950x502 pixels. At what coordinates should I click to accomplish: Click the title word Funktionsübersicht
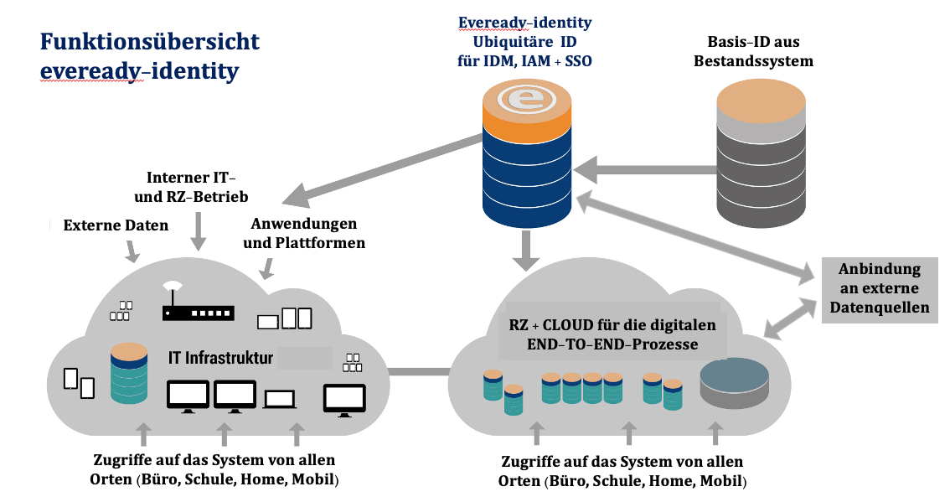pos(150,42)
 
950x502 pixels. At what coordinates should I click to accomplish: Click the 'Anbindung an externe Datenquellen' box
pos(880,288)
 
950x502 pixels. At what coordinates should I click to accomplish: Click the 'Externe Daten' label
pos(116,225)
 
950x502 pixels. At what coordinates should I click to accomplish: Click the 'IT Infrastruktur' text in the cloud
pos(220,359)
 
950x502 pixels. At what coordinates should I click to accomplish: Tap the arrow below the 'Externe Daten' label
pos(132,250)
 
